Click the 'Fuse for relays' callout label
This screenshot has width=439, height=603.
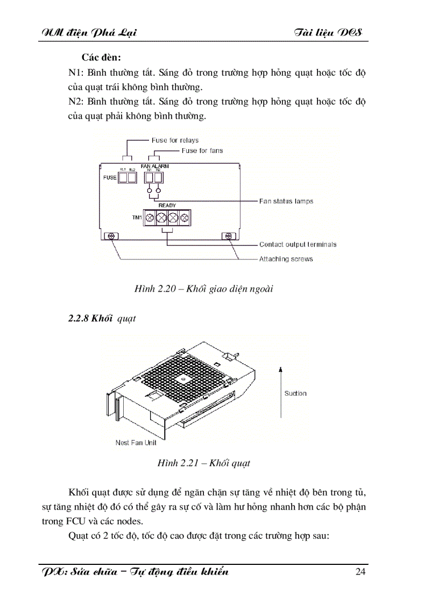point(175,141)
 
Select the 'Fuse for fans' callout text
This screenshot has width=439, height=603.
point(202,151)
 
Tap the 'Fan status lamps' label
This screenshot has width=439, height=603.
point(286,201)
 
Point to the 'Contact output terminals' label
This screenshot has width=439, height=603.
point(298,244)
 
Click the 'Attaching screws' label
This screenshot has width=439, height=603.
point(286,259)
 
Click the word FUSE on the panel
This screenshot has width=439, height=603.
point(110,178)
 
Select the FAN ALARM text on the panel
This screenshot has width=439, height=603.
point(154,166)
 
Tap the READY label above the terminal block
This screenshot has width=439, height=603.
point(167,206)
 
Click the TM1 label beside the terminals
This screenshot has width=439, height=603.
point(137,217)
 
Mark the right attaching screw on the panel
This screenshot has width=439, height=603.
point(229,236)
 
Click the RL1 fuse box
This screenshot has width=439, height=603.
point(123,178)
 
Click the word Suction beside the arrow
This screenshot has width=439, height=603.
point(295,394)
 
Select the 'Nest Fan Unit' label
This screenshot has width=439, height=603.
point(137,443)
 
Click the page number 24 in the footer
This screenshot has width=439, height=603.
point(360,571)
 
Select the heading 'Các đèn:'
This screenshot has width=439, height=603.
point(101,57)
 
